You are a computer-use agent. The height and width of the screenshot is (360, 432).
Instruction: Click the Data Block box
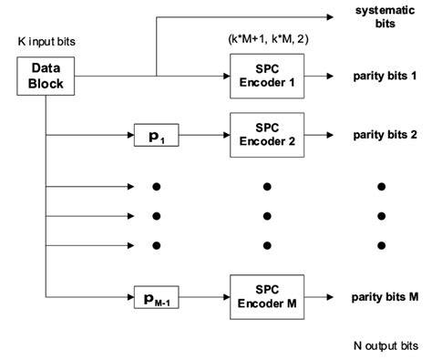pyautogui.click(x=46, y=76)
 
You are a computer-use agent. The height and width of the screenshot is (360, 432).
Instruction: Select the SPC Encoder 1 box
pyautogui.click(x=266, y=76)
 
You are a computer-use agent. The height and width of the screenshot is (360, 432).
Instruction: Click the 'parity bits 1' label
pyautogui.click(x=386, y=76)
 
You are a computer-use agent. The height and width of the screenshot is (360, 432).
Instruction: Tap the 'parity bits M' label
pyautogui.click(x=386, y=296)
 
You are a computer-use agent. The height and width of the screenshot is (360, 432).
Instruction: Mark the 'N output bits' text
pyautogui.click(x=386, y=346)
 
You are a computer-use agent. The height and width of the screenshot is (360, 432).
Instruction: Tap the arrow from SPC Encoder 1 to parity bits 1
pyautogui.click(x=324, y=76)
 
